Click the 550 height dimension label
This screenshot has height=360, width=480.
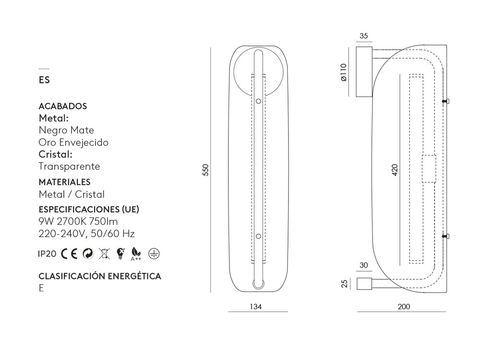[205, 170]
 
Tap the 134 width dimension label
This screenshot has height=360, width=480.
[256, 306]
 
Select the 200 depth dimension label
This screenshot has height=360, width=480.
[404, 306]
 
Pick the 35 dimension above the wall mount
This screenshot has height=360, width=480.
[363, 36]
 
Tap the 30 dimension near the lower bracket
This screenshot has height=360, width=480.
[363, 265]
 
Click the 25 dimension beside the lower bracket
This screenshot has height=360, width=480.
[344, 284]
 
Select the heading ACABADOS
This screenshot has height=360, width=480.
[62, 106]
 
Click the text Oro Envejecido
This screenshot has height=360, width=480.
[73, 143]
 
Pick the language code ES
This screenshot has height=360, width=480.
[44, 80]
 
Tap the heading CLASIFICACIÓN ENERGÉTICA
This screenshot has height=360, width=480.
[100, 276]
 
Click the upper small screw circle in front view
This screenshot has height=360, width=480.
[258, 101]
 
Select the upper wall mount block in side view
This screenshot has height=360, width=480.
[364, 72]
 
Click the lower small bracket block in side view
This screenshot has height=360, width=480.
[364, 284]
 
